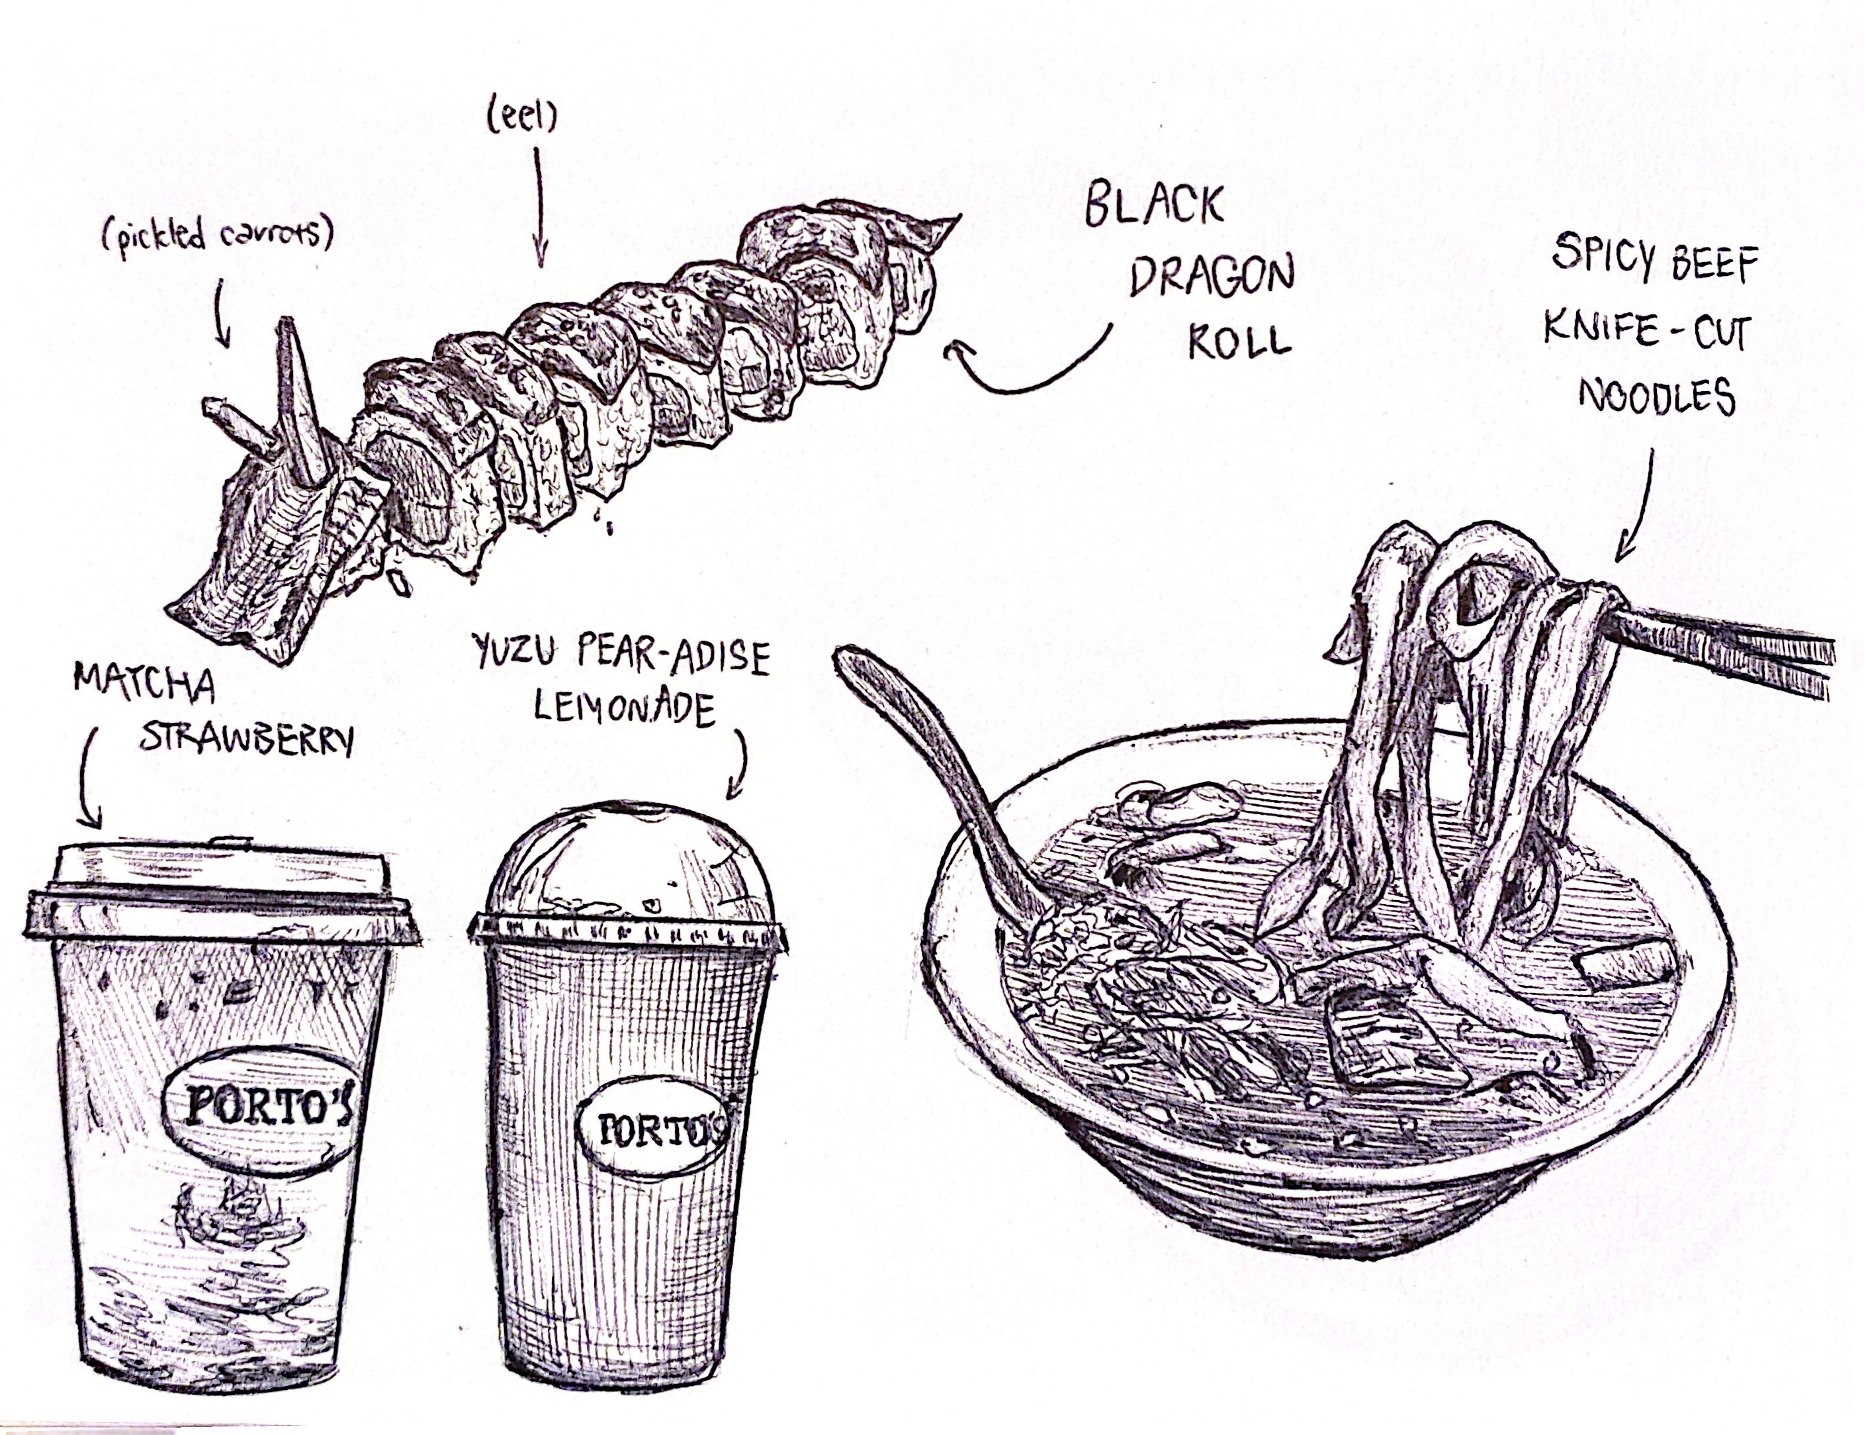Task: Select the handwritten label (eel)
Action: point(521,118)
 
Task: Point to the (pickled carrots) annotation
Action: point(215,235)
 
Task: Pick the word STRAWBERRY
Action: point(245,741)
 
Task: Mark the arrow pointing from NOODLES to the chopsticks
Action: point(1637,506)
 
